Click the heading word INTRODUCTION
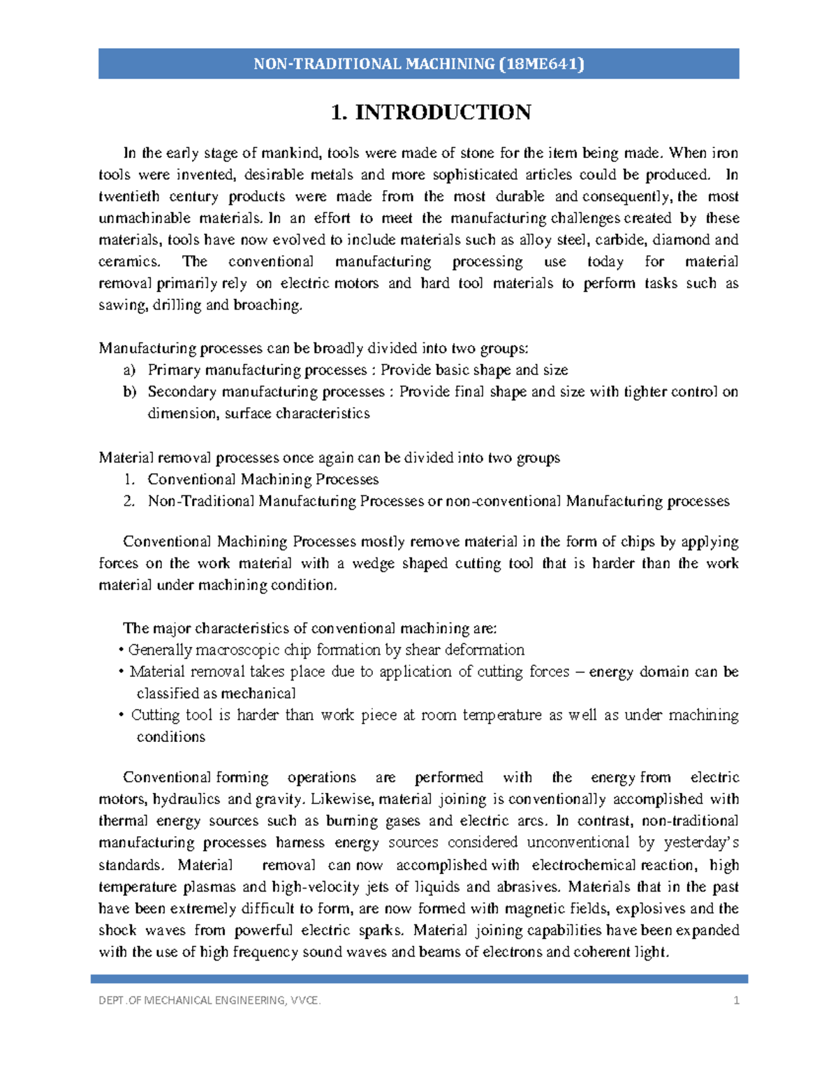pos(443,112)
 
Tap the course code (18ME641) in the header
pos(542,64)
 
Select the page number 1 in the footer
pos(736,1000)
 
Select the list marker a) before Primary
pos(129,370)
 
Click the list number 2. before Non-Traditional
pos(128,502)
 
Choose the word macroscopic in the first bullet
pos(237,650)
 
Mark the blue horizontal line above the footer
pos(419,979)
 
